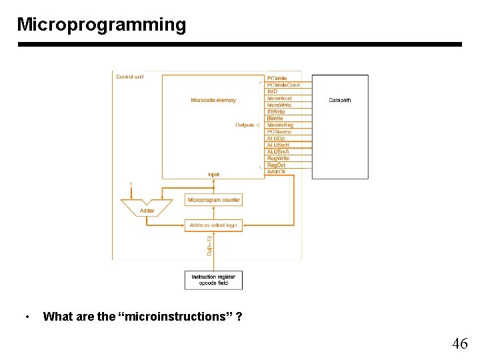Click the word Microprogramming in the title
click(x=101, y=25)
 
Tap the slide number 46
click(x=460, y=344)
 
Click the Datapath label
click(x=340, y=100)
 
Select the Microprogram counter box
click(x=213, y=200)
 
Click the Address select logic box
click(x=213, y=225)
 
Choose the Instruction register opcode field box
click(x=213, y=279)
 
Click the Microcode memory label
click(x=213, y=100)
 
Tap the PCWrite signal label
click(x=278, y=79)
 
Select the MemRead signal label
click(x=279, y=99)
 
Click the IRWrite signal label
click(x=276, y=112)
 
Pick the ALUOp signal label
click(x=275, y=138)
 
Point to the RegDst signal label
click(x=276, y=165)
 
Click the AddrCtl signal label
click(x=276, y=171)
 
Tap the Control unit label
click(x=130, y=77)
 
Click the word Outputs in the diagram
click(x=245, y=125)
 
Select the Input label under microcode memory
click(x=213, y=175)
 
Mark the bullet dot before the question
click(x=26, y=317)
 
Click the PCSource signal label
click(x=279, y=131)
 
